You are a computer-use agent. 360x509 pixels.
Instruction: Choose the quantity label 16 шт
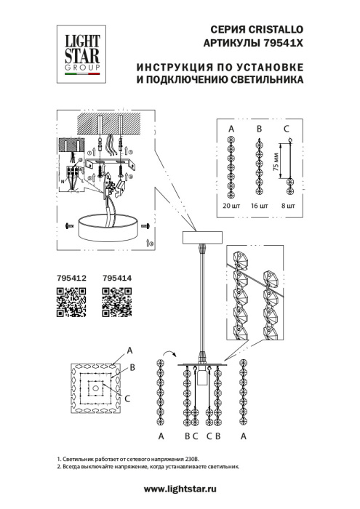(260, 207)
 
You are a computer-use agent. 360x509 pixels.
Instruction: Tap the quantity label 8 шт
(288, 207)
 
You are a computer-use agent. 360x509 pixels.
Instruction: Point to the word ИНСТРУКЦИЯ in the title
(175, 67)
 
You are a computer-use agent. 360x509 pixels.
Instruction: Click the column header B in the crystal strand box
(259, 129)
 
